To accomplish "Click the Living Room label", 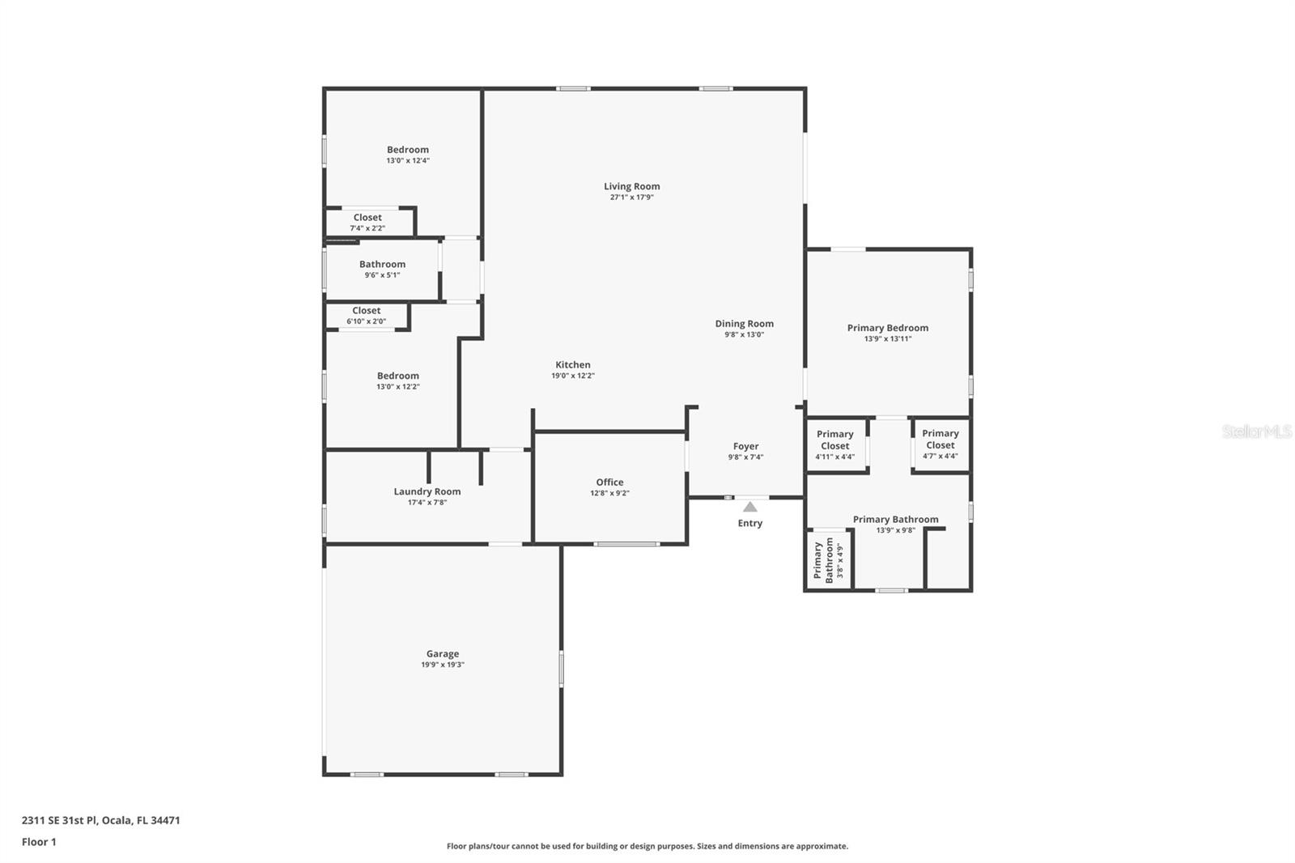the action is pyautogui.click(x=632, y=186).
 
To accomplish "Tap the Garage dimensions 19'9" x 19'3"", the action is pyautogui.click(x=443, y=665).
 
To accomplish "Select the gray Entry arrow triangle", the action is pyautogui.click(x=749, y=507).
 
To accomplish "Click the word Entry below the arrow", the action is pyautogui.click(x=749, y=523).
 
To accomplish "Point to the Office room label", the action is pyautogui.click(x=610, y=482).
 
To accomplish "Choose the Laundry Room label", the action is pyautogui.click(x=427, y=491).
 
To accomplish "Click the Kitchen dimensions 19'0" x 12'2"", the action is pyautogui.click(x=573, y=376).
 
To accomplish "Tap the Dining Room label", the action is pyautogui.click(x=744, y=324).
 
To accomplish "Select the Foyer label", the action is pyautogui.click(x=745, y=447).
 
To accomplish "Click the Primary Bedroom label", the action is pyautogui.click(x=888, y=328).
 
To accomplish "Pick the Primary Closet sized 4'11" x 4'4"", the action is pyautogui.click(x=834, y=444).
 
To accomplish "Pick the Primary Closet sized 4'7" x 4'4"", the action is pyautogui.click(x=940, y=444).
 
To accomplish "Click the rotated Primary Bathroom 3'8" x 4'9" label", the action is pyautogui.click(x=829, y=559).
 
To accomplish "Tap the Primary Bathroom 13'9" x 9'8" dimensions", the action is pyautogui.click(x=895, y=530).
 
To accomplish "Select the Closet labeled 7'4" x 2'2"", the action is pyautogui.click(x=367, y=223).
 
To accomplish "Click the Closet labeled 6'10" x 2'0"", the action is pyautogui.click(x=367, y=316).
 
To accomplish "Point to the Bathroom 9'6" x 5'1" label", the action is pyautogui.click(x=382, y=270).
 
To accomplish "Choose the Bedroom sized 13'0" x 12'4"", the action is pyautogui.click(x=408, y=155).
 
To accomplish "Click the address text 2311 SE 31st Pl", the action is pyautogui.click(x=60, y=820).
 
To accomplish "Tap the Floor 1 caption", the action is pyautogui.click(x=40, y=842).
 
